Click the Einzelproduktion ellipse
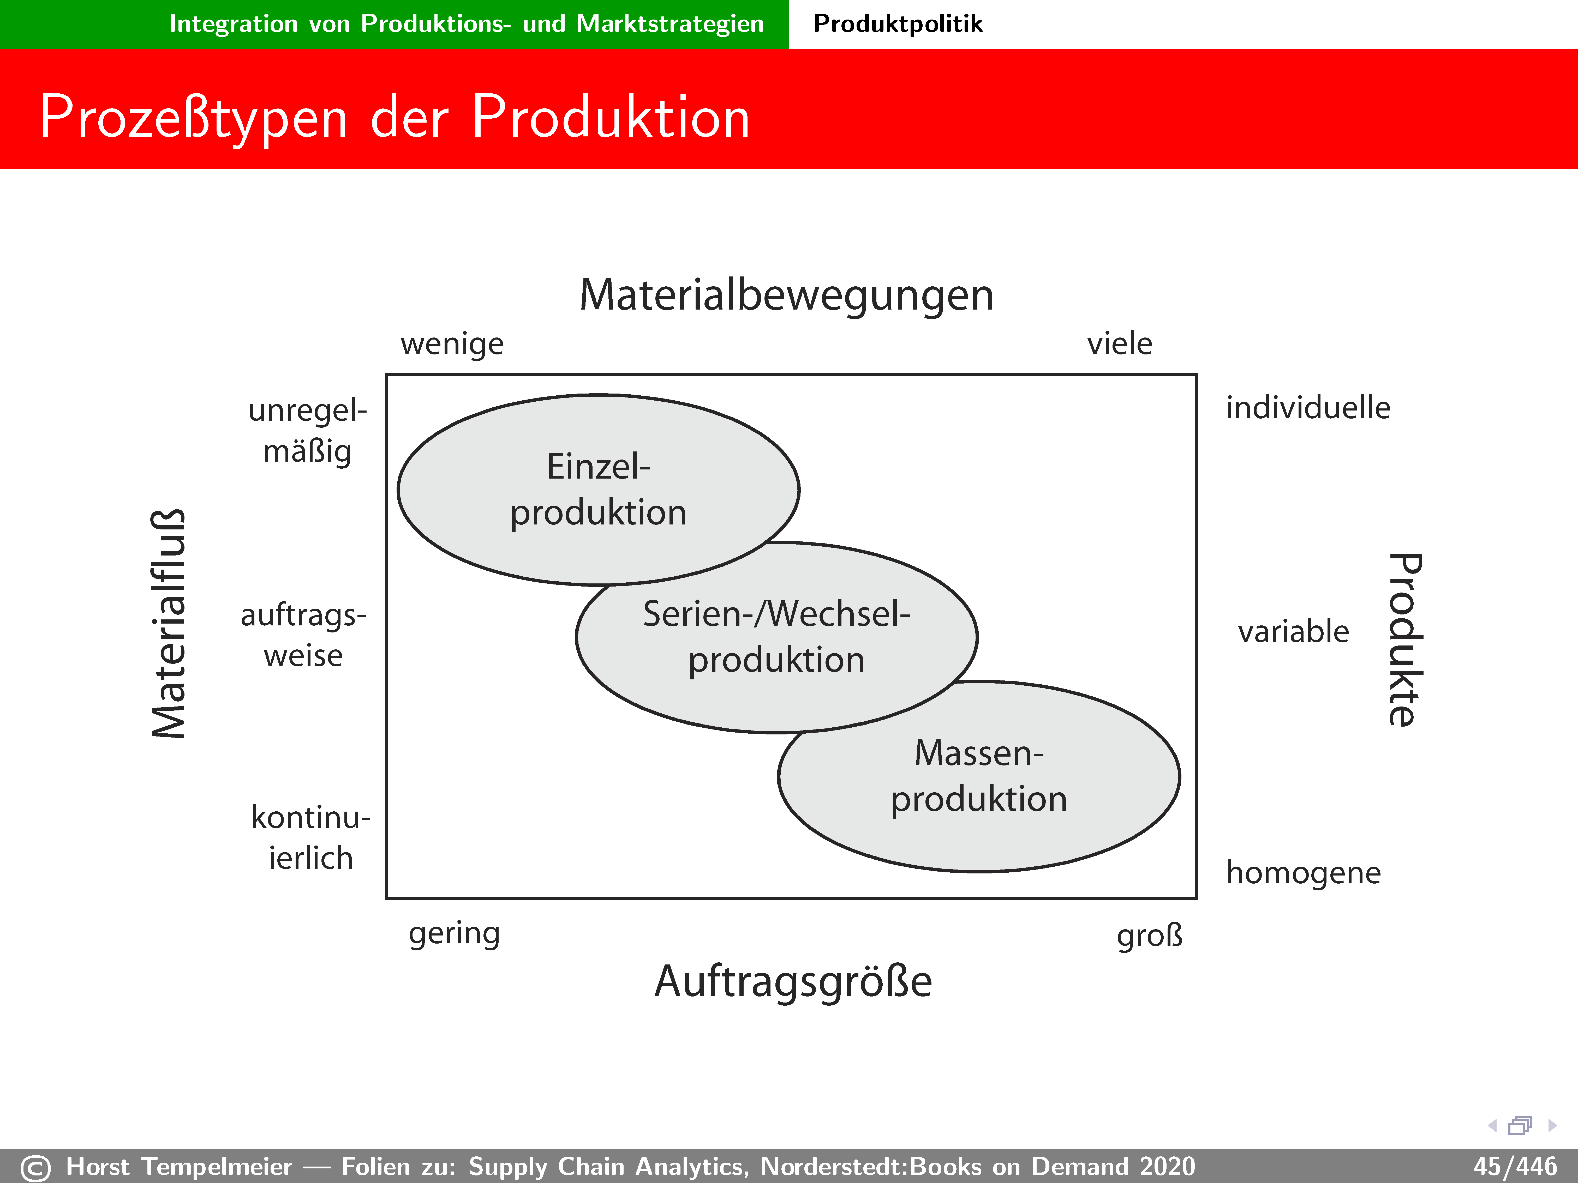(x=599, y=490)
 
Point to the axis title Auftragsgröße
(x=793, y=982)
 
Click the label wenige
(x=452, y=345)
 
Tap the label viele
(x=1119, y=344)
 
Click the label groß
(x=1149, y=935)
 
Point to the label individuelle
(x=1308, y=408)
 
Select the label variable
(x=1293, y=632)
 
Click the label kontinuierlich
(x=311, y=837)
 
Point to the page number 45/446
(x=1515, y=1167)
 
